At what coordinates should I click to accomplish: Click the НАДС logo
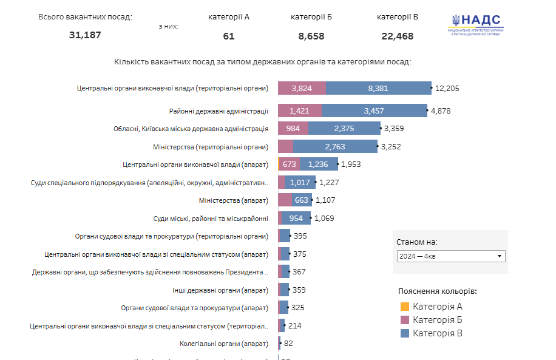pos(476,25)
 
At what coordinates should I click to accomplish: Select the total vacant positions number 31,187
pos(85,35)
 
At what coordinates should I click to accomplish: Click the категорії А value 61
pos(228,36)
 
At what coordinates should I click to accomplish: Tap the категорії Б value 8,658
pos(311,36)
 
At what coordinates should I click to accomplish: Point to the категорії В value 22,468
pos(397,36)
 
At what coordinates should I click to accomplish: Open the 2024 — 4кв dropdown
pos(451,256)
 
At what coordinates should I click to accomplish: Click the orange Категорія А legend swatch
pos(405,307)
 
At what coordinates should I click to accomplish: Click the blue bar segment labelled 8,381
pos(378,89)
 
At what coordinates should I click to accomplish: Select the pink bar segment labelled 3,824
pos(302,89)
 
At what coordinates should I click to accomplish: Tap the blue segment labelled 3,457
pos(374,111)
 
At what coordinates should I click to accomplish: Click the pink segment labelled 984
pos(293,129)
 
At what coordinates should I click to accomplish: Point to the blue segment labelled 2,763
pos(335,147)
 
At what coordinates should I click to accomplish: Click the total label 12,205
pos(447,89)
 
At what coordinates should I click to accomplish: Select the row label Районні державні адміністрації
pos(219,111)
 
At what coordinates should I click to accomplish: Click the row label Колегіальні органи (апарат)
pos(224,344)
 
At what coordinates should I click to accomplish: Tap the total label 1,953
pos(351,165)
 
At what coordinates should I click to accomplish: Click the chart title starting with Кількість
pos(262,62)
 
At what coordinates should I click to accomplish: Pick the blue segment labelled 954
pos(296,219)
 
